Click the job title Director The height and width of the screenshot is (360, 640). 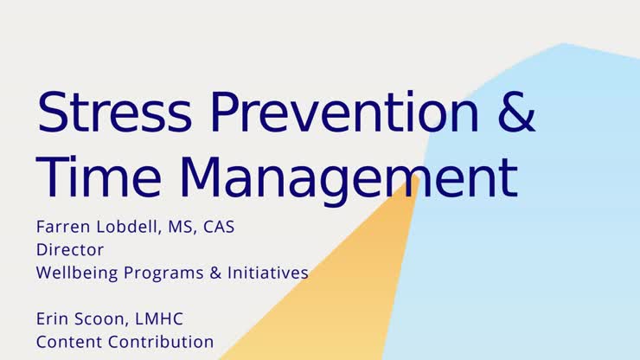pyautogui.click(x=70, y=250)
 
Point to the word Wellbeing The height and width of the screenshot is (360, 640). pyautogui.click(x=76, y=273)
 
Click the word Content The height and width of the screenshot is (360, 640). pyautogui.click(x=66, y=342)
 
